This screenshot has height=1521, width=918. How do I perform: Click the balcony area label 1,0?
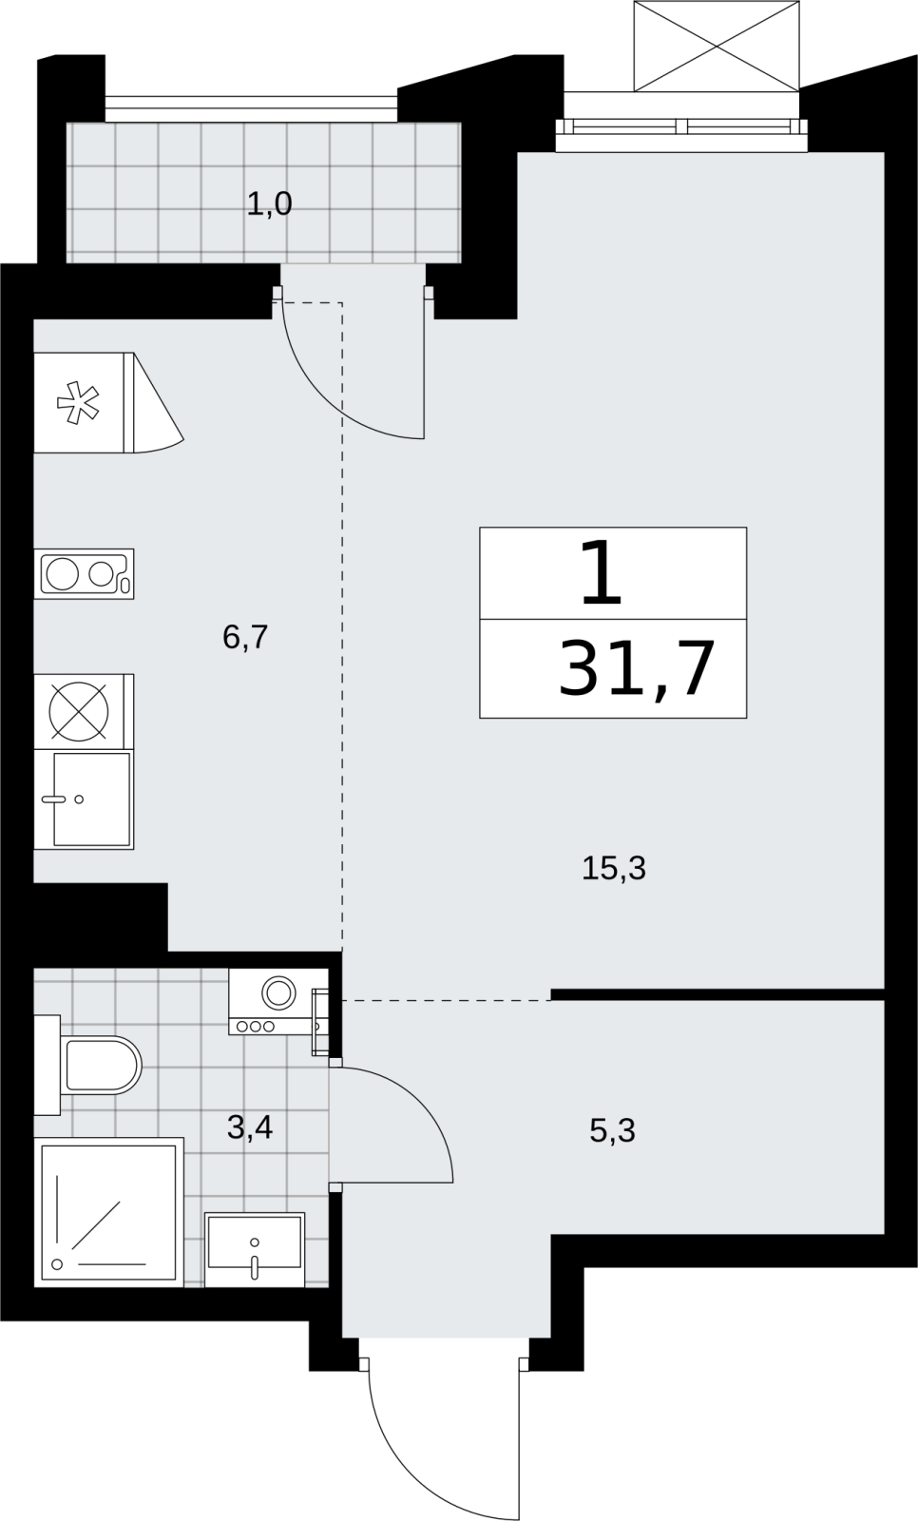269,203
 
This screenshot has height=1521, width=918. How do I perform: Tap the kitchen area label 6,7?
246,638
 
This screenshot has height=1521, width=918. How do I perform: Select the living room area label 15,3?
614,869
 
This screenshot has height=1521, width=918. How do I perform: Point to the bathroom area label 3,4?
250,1127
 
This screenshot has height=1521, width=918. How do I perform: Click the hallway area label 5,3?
612,1131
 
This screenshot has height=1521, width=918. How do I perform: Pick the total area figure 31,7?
637,669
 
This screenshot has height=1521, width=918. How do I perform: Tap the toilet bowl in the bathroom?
101,1065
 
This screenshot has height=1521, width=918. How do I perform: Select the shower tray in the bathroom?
109,1212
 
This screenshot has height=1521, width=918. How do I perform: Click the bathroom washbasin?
255,1249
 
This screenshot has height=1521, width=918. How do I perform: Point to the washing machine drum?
278,992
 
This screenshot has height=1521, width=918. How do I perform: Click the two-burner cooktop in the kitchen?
85,574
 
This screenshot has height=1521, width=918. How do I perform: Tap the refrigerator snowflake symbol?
78,403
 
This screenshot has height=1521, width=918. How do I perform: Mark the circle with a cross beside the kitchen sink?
79,712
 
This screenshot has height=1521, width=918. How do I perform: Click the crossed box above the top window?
717,46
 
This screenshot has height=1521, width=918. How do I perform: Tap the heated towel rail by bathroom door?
320,1023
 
